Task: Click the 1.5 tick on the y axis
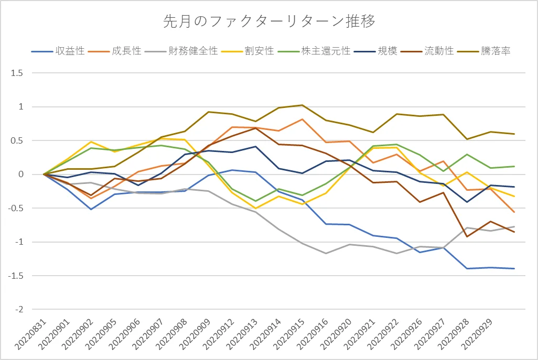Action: (x=17, y=73)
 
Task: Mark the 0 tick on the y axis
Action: (x=20, y=174)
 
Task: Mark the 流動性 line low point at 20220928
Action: (x=467, y=236)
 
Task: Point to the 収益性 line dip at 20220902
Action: (x=91, y=209)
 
